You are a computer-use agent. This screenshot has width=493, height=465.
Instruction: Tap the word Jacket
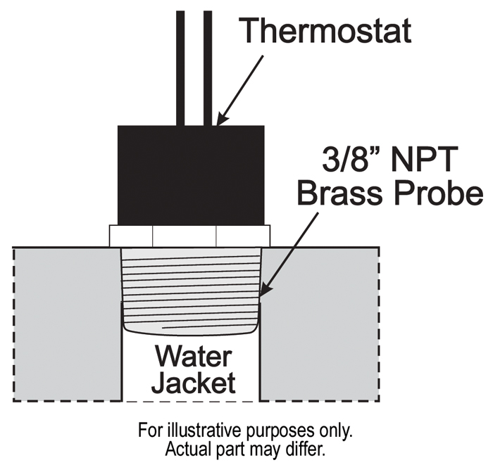point(193,383)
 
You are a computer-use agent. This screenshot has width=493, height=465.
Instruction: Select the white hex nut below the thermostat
point(189,235)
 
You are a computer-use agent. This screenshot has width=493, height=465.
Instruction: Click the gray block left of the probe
point(68,324)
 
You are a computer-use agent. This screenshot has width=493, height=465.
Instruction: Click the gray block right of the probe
point(320,324)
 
